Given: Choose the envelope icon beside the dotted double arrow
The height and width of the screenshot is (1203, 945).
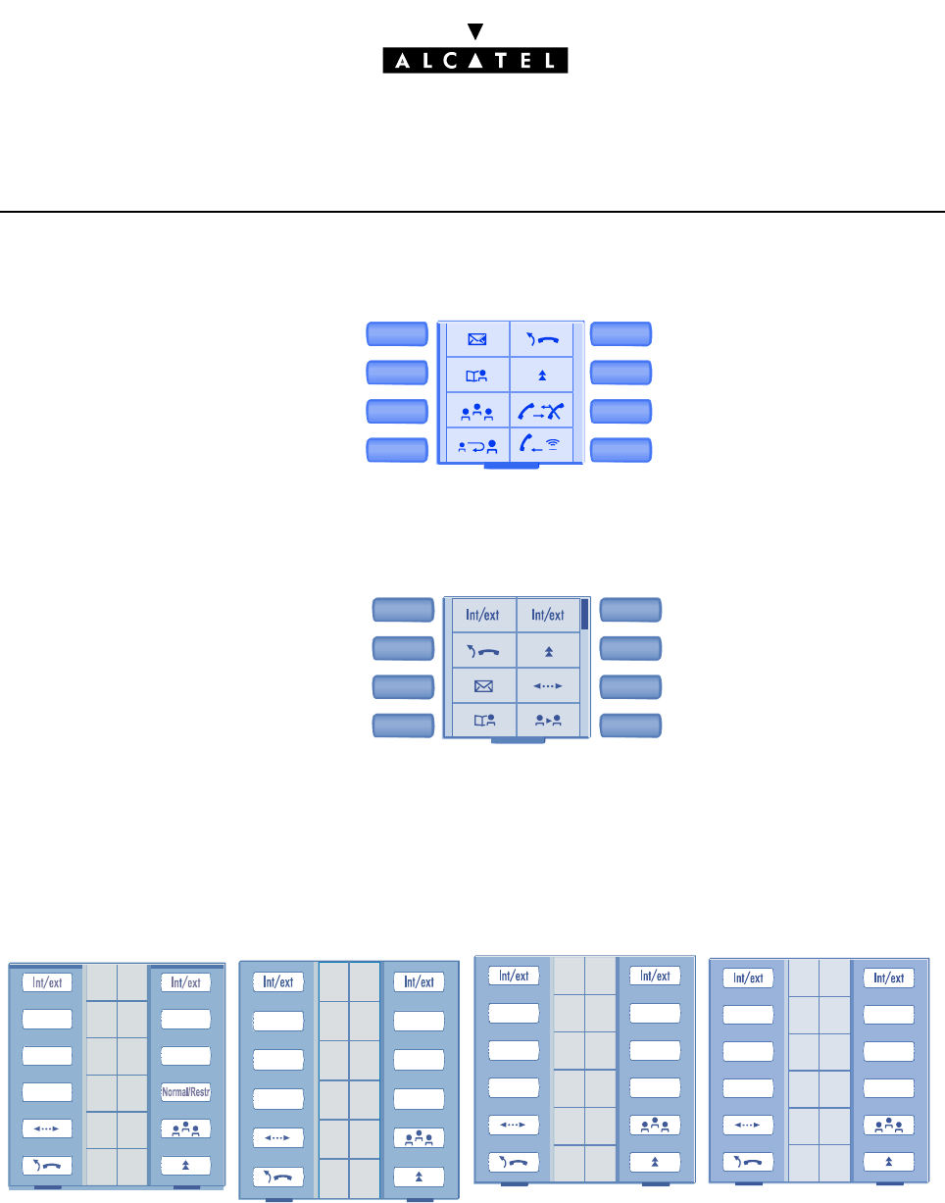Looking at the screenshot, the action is coord(480,684).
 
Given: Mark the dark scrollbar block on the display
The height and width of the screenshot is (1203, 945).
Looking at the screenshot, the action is coord(584,614).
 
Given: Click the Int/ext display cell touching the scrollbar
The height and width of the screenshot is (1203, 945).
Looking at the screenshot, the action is coord(547,616).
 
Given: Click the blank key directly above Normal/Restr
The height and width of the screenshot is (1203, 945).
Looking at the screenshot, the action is coord(186,1055).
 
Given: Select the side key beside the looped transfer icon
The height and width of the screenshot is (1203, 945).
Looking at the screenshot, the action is coord(397,450).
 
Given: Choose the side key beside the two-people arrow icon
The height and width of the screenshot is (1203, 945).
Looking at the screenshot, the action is coord(630,726).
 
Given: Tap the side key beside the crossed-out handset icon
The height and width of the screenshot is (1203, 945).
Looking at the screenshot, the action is coord(621,411).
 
